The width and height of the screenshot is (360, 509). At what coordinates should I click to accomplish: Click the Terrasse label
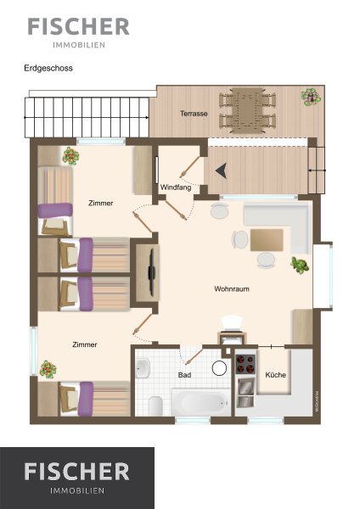[194, 114]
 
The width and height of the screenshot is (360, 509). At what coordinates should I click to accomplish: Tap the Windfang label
[176, 187]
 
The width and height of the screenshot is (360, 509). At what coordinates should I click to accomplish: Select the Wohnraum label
[232, 288]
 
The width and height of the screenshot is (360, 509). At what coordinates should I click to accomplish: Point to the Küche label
[276, 375]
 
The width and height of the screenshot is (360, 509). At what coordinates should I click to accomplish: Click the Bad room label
[184, 375]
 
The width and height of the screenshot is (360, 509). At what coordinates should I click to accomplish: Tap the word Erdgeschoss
[48, 68]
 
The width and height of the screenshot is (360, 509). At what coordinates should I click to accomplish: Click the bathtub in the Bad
[200, 401]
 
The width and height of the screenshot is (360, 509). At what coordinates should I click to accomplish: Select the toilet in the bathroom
[155, 406]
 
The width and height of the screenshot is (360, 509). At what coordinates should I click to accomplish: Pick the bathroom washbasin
[143, 368]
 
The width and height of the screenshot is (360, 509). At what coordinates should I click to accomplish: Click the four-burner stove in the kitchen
[245, 364]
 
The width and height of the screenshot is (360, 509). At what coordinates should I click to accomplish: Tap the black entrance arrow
[221, 171]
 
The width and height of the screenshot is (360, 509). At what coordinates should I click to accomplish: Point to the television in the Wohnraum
[151, 272]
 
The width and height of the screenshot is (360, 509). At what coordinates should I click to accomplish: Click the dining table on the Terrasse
[247, 110]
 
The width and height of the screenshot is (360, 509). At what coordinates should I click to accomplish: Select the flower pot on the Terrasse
[311, 97]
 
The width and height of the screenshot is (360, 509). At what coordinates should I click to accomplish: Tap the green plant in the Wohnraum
[300, 265]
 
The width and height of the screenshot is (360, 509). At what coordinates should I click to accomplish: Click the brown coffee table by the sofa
[267, 240]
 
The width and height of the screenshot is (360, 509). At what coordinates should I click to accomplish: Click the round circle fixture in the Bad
[219, 368]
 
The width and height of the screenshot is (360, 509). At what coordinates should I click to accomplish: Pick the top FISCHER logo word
[79, 26]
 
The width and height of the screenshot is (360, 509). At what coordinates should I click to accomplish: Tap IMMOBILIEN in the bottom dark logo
[77, 490]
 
